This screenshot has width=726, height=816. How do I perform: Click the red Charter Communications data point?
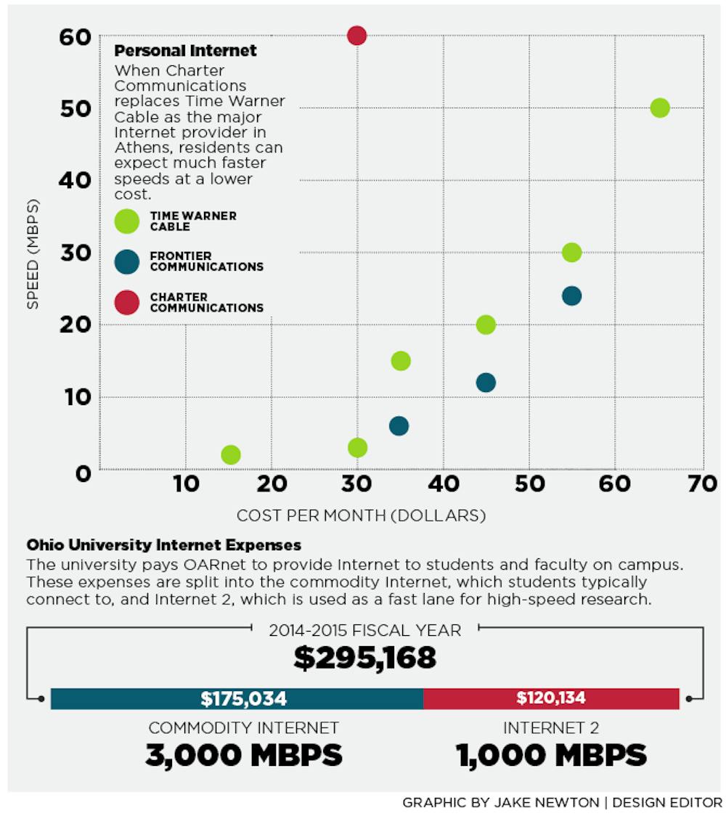pyautogui.click(x=356, y=35)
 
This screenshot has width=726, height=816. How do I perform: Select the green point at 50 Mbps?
pyautogui.click(x=659, y=107)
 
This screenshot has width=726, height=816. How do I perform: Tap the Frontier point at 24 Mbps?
pyautogui.click(x=571, y=295)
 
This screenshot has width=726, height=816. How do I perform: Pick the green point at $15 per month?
pyautogui.click(x=230, y=454)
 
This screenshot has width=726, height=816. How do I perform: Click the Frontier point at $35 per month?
pyautogui.click(x=399, y=425)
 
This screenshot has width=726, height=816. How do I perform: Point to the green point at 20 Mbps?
pyautogui.click(x=486, y=325)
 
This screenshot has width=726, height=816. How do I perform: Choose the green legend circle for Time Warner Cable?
pyautogui.click(x=127, y=221)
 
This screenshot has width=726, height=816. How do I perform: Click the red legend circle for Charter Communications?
pyautogui.click(x=127, y=302)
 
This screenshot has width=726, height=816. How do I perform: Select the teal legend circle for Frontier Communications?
pyautogui.click(x=127, y=261)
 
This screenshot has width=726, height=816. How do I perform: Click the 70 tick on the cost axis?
pyautogui.click(x=701, y=484)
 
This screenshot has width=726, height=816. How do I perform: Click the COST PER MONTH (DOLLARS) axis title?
pyautogui.click(x=361, y=515)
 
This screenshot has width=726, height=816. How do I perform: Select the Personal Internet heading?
pyautogui.click(x=185, y=51)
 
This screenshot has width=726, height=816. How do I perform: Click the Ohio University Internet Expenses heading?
pyautogui.click(x=163, y=544)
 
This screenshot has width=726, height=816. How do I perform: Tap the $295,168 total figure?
pyautogui.click(x=364, y=657)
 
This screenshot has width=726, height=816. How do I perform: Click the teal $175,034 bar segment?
pyautogui.click(x=237, y=698)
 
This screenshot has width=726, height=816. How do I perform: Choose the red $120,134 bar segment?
pyautogui.click(x=551, y=698)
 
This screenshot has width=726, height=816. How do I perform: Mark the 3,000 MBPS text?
pyautogui.click(x=244, y=755)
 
